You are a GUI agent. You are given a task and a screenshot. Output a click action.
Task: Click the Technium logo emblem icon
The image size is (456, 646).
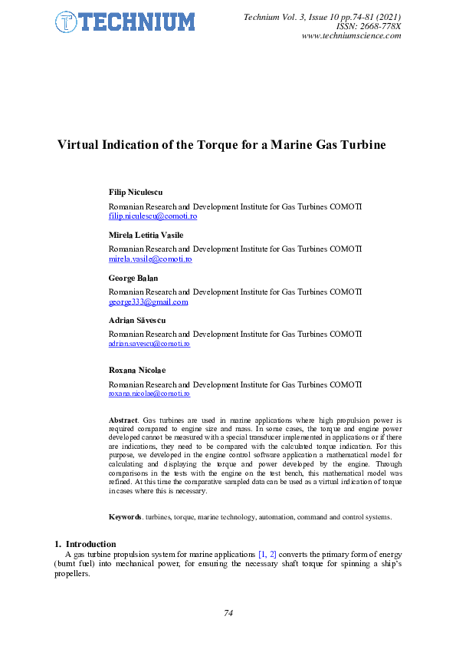(67, 23)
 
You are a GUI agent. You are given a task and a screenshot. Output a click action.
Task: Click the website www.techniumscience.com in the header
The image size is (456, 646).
(351, 36)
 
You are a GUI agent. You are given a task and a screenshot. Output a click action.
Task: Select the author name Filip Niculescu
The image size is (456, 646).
(136, 192)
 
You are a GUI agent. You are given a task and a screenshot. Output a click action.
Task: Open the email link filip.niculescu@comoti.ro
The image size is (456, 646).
(153, 216)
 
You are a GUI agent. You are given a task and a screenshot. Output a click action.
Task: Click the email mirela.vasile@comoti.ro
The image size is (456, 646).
(150, 259)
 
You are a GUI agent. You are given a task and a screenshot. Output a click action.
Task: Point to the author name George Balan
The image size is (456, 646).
(133, 278)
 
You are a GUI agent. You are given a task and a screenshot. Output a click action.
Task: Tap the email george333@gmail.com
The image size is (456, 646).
(148, 302)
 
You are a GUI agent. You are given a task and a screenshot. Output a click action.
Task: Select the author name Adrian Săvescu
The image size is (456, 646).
(137, 320)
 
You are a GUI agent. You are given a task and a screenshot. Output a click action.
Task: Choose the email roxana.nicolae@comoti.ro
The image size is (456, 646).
(149, 394)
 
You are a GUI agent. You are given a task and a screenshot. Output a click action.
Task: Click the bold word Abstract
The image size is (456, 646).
(123, 420)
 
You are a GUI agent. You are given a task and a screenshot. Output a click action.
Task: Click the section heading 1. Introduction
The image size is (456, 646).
(85, 544)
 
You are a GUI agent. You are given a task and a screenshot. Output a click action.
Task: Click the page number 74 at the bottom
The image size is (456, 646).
(228, 612)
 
